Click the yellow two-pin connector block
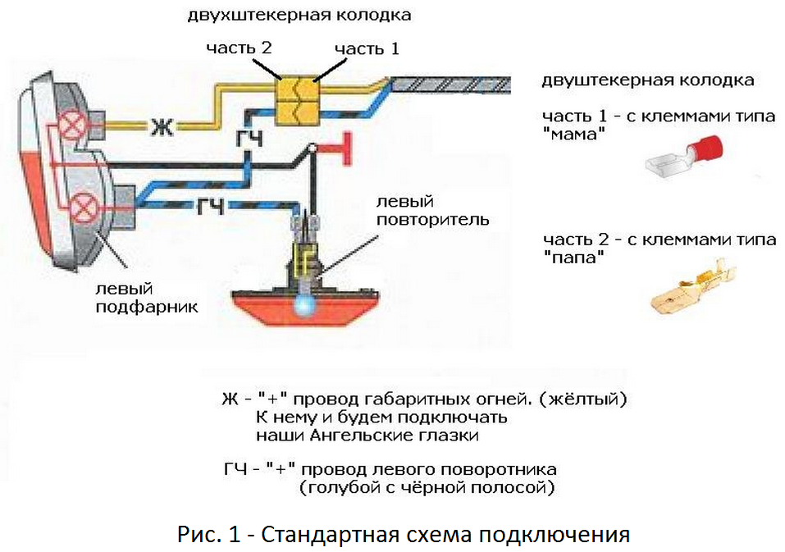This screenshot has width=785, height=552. tap(296, 100)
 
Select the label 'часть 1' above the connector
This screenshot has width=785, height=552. tap(366, 49)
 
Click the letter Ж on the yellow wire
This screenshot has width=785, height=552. tap(161, 126)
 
